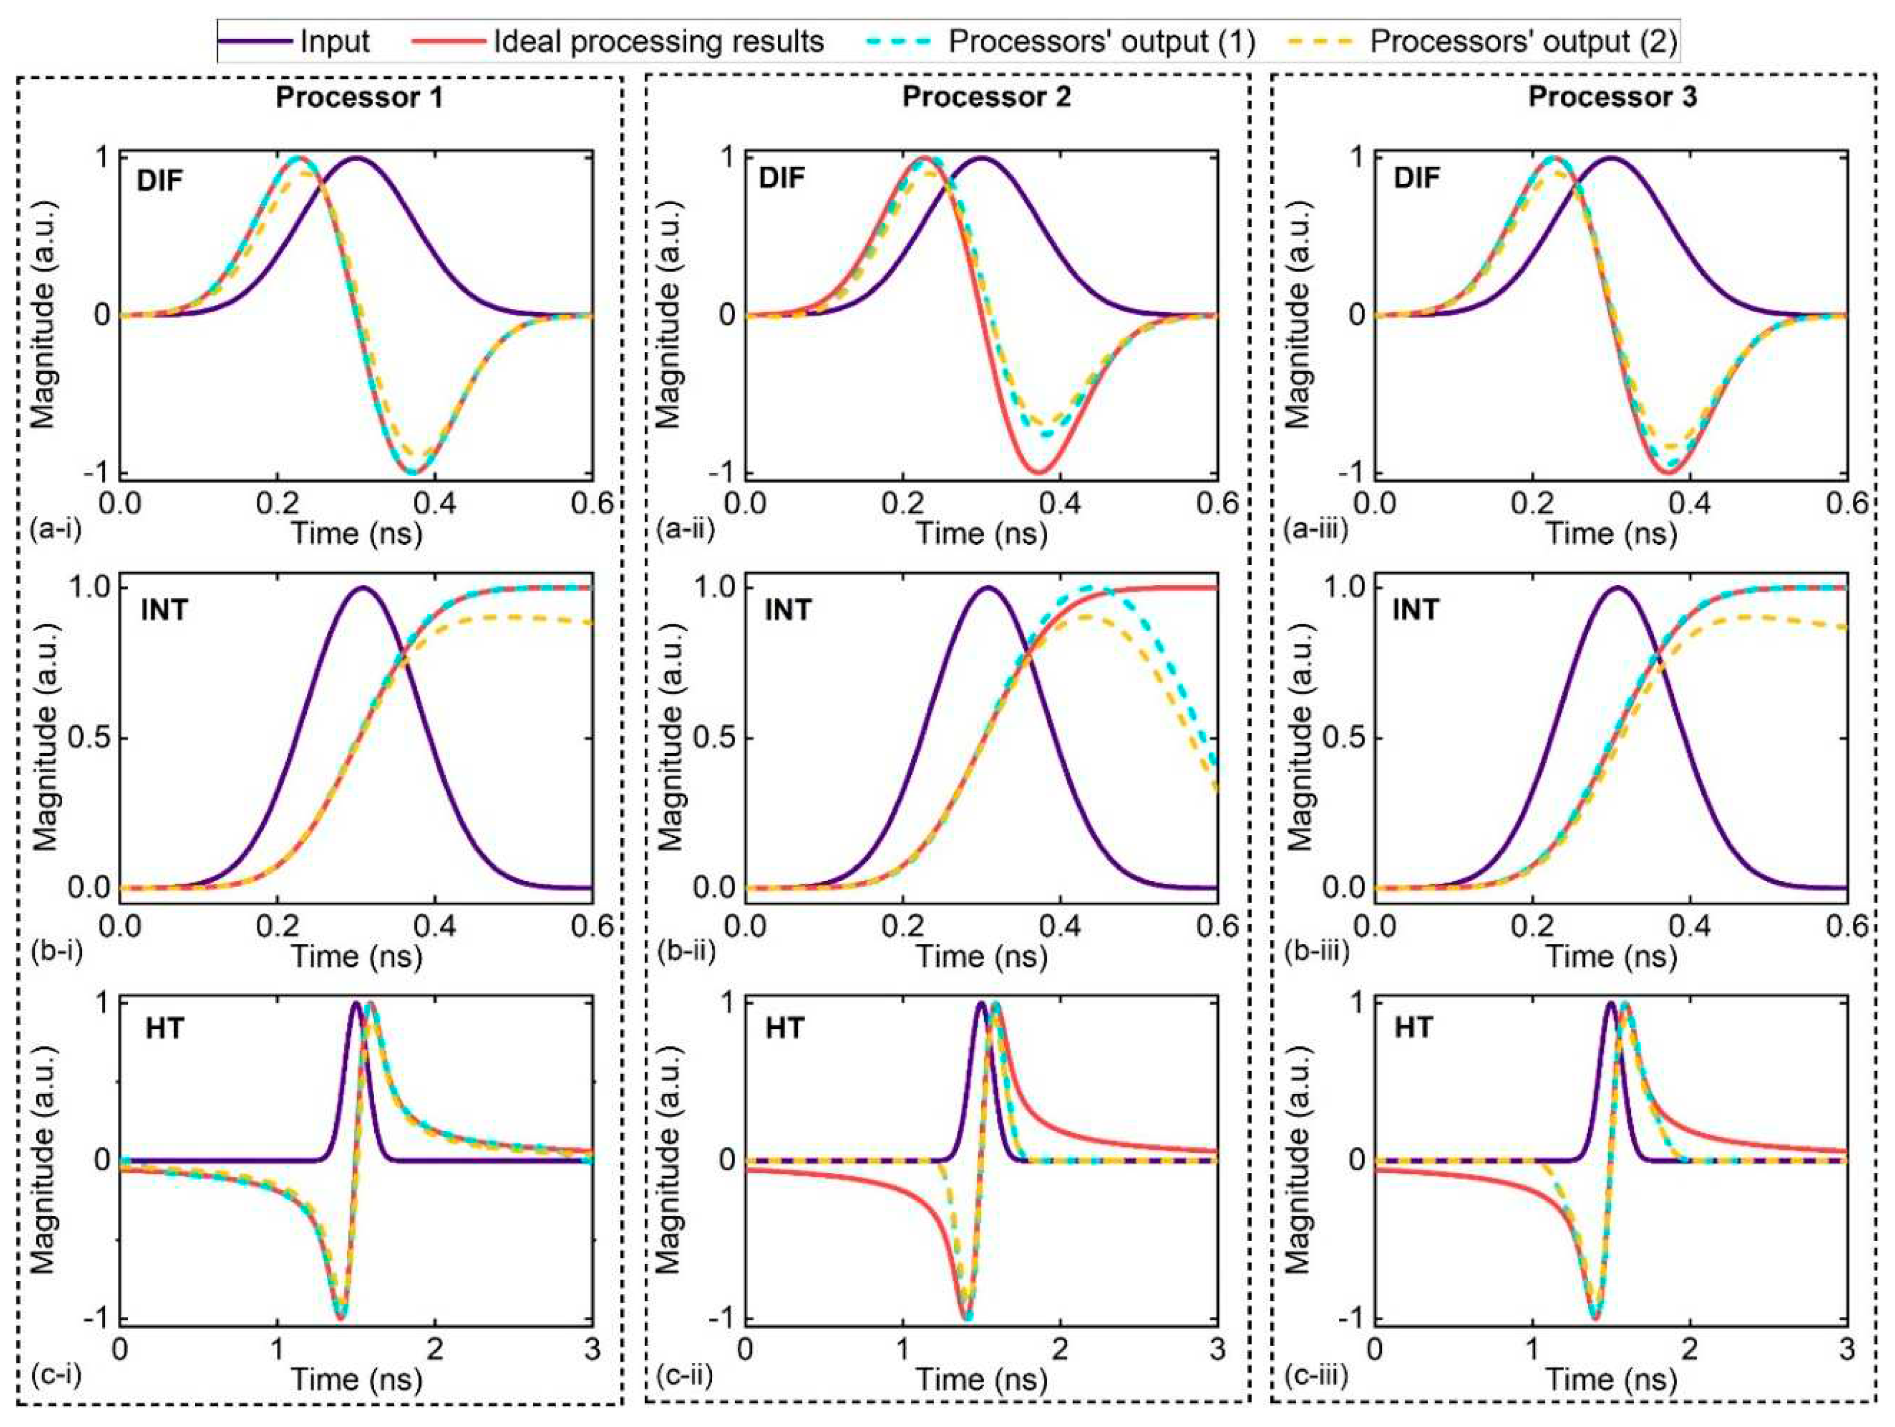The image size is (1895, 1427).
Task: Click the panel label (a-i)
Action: point(55,530)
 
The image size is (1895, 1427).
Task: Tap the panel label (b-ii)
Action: point(685,951)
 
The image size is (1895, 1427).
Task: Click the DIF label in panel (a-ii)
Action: point(782,178)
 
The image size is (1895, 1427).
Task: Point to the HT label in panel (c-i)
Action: point(165,1027)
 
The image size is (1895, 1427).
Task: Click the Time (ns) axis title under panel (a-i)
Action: point(356,534)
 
